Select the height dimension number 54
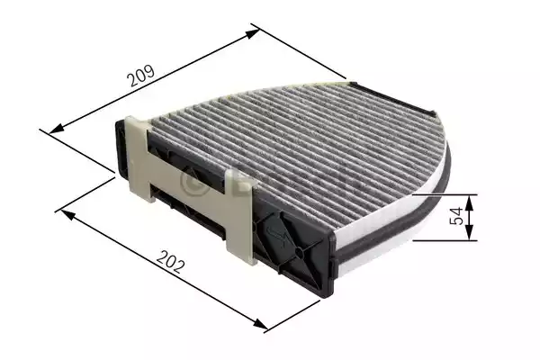(x=456, y=217)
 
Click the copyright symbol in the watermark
(x=191, y=183)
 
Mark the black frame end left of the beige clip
(x=121, y=148)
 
